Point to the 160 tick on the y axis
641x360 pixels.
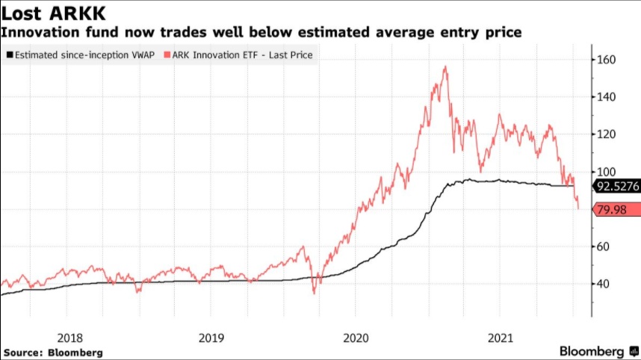pyautogui.click(x=607, y=59)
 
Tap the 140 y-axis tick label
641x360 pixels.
pyautogui.click(x=607, y=96)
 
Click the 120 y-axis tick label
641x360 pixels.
pyautogui.click(x=607, y=134)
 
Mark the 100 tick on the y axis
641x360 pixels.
pyautogui.click(x=607, y=171)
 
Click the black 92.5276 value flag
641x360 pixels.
pyautogui.click(x=616, y=187)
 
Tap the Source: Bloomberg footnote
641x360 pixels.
pyautogui.click(x=52, y=352)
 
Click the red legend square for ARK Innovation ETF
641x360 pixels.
pyautogui.click(x=169, y=55)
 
